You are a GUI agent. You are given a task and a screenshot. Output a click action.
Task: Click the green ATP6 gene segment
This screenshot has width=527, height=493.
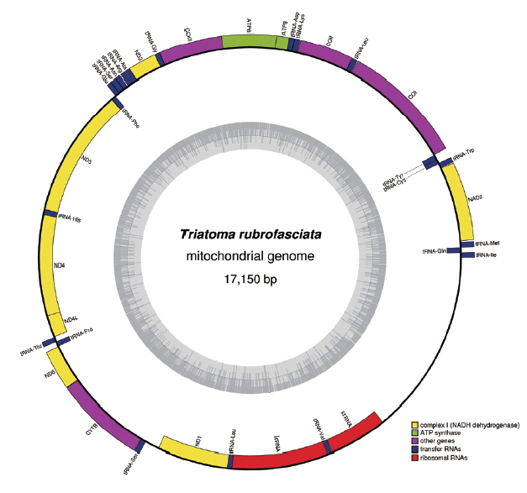tap(249, 41)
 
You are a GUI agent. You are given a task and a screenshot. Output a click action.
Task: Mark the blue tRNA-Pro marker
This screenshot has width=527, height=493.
tap(63, 337)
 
